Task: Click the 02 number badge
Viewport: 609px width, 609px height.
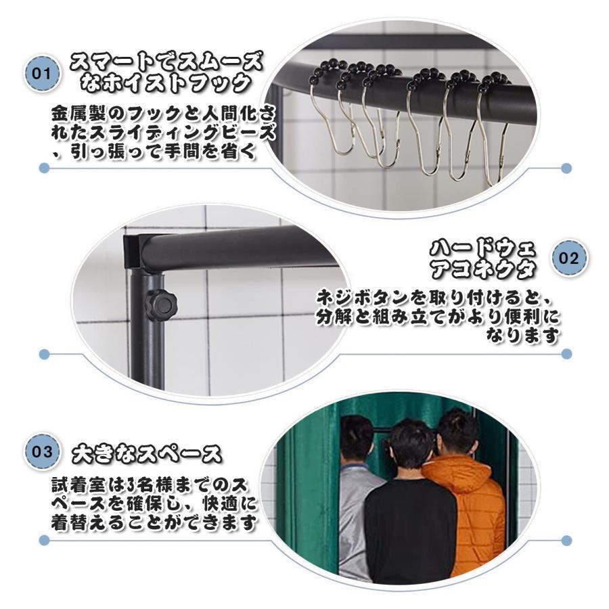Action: click(567, 257)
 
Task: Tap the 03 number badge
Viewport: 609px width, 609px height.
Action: click(42, 451)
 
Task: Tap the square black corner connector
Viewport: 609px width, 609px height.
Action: click(136, 251)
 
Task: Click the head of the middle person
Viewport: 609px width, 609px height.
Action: click(411, 443)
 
